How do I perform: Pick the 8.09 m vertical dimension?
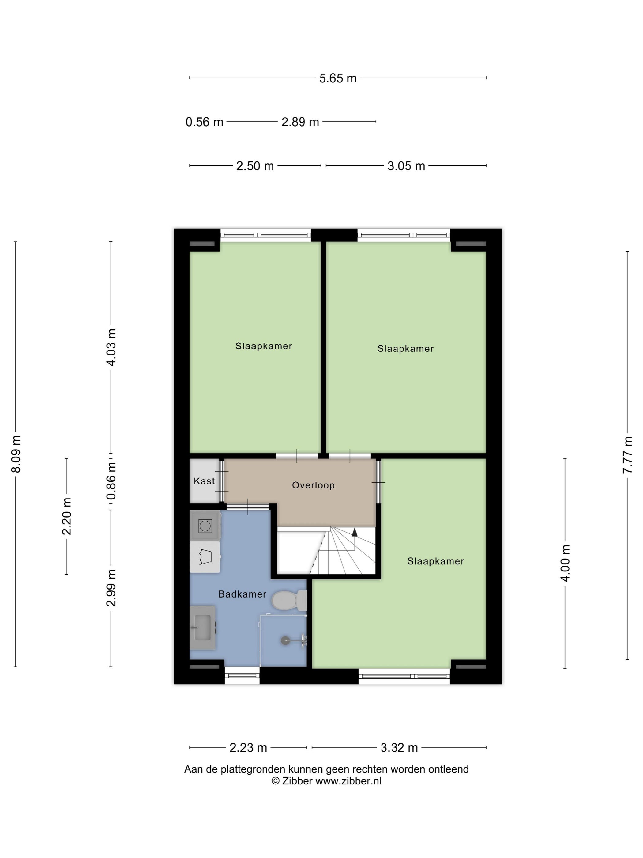coord(16,454)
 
